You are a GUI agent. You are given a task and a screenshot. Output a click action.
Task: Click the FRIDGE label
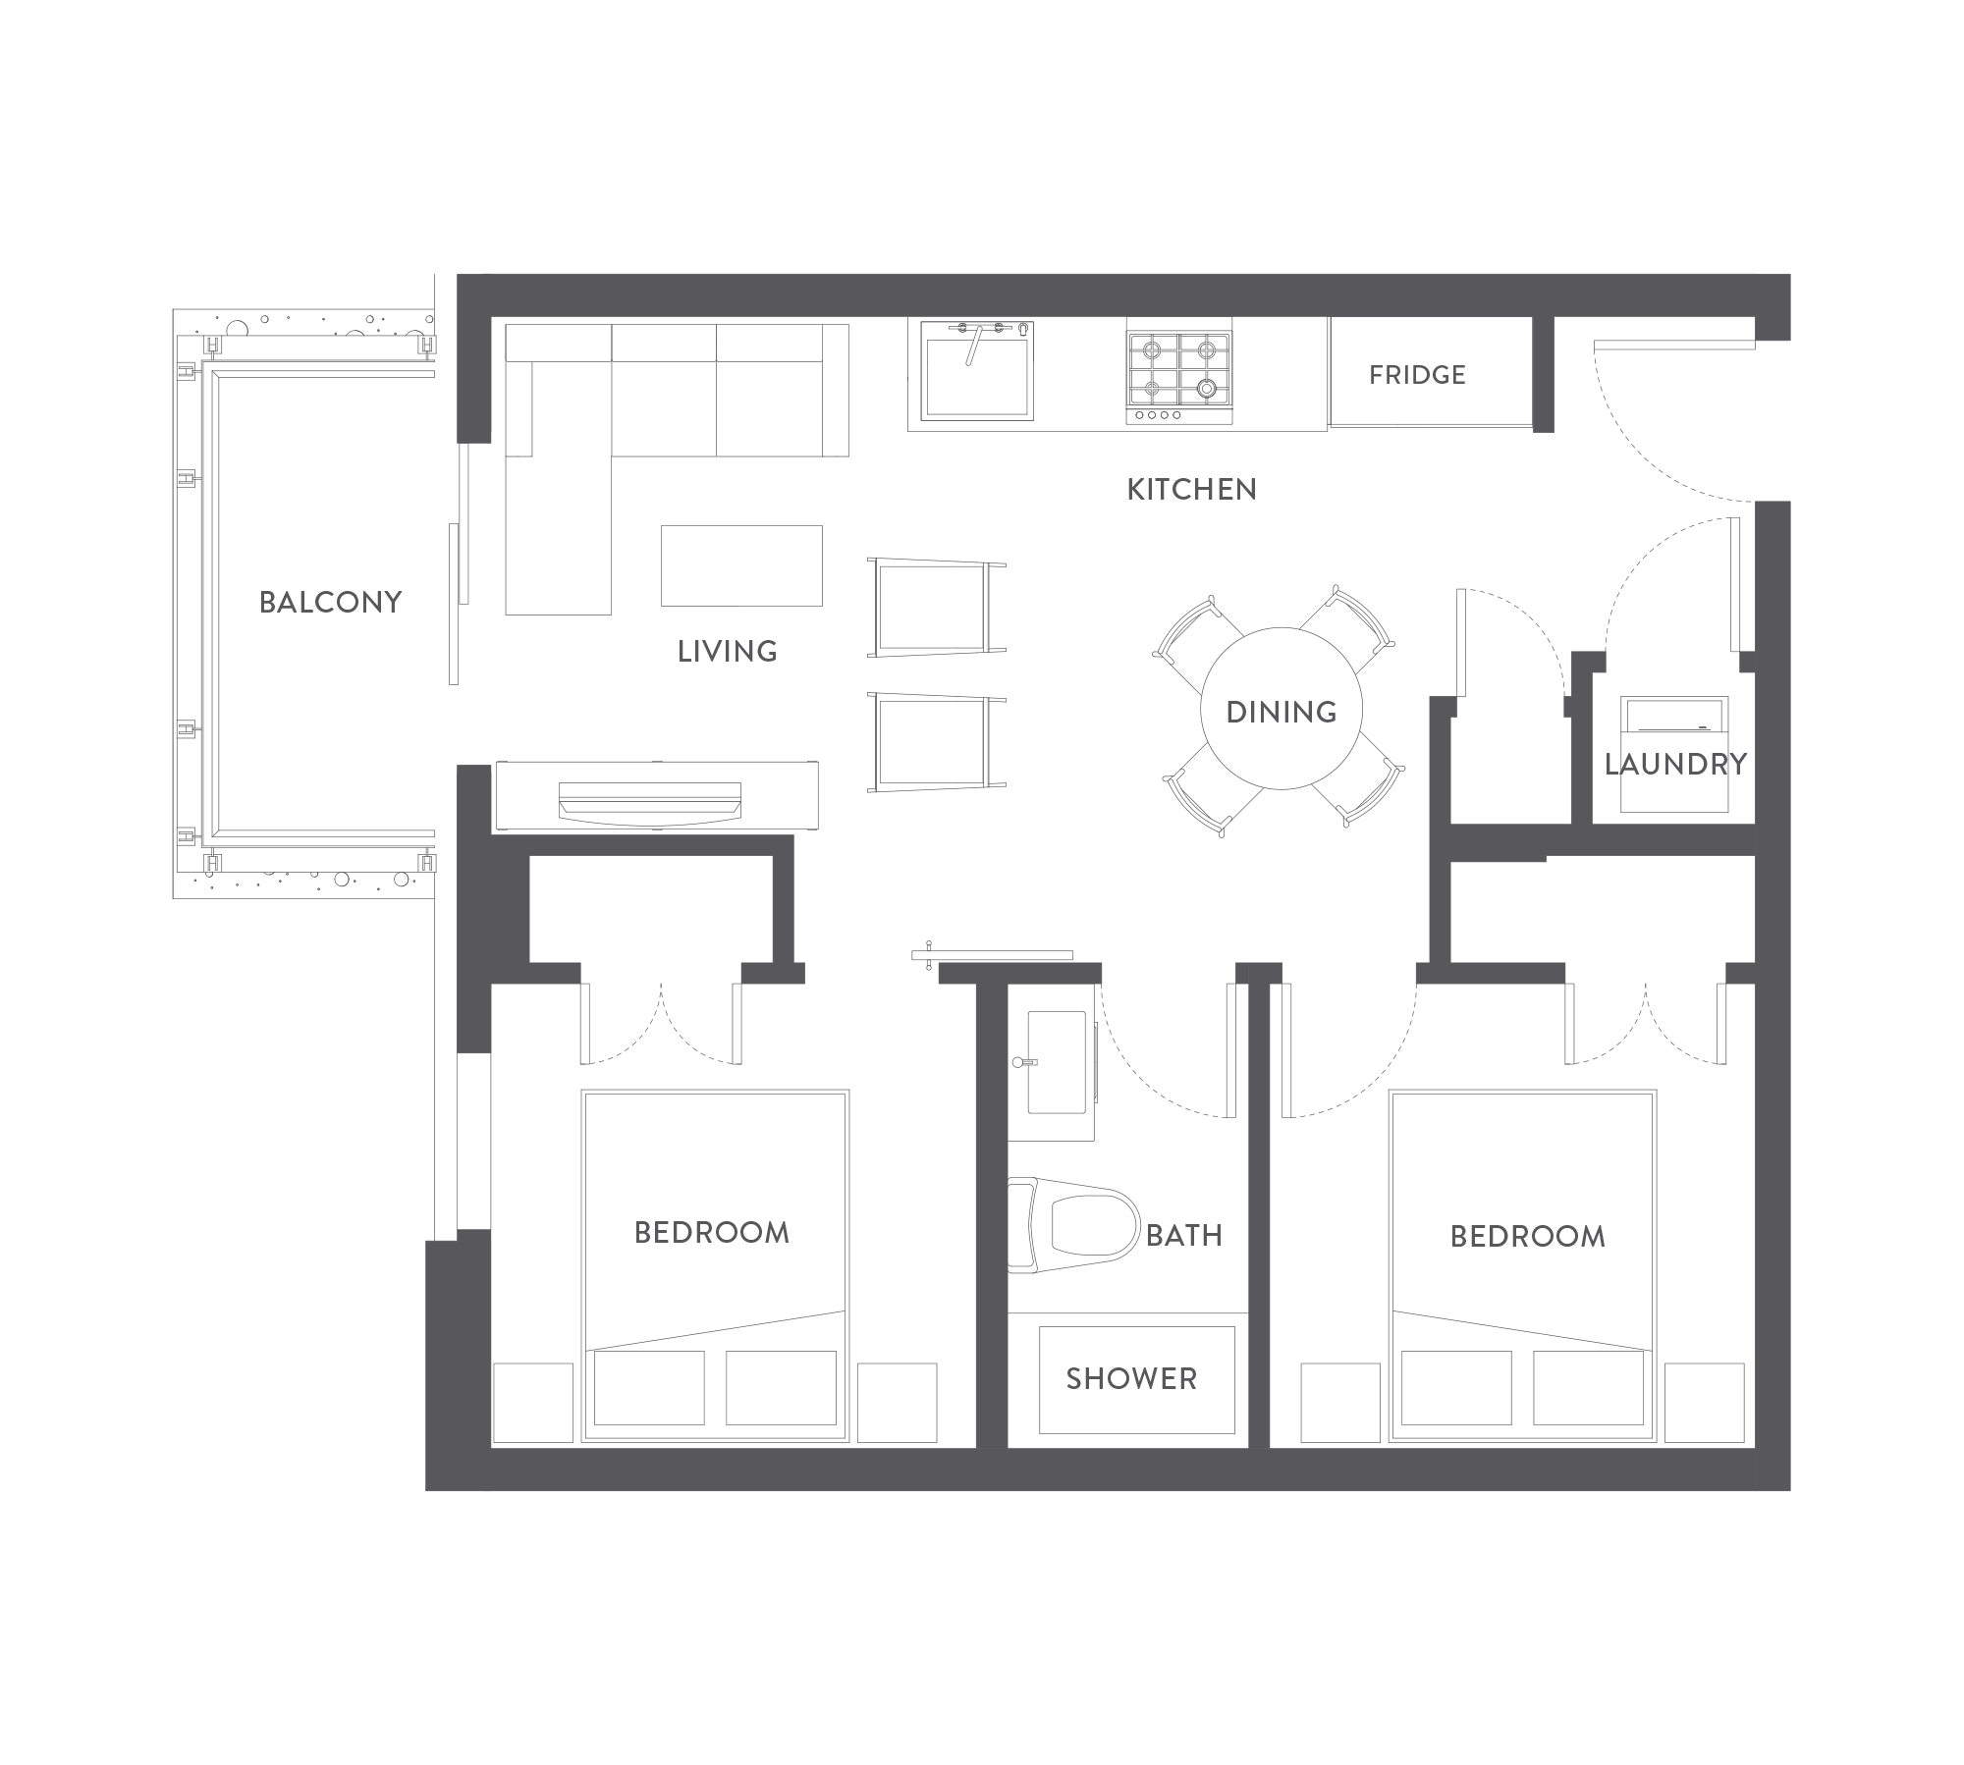1417,375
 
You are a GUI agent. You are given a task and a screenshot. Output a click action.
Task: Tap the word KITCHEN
1191,490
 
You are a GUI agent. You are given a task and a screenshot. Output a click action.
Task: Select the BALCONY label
331,603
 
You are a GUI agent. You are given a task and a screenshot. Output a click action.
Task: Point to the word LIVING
727,652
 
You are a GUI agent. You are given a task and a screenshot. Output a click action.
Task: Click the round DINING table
1282,709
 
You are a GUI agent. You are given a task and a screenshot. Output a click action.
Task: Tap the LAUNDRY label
1675,765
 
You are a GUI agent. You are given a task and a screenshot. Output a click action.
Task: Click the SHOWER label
1131,1379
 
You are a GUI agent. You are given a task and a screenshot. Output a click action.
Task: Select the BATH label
1184,1235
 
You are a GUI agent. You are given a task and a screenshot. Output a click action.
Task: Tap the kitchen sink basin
977,370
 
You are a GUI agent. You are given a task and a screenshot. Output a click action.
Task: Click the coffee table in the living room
741,565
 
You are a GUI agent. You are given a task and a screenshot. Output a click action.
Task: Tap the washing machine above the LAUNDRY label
1674,754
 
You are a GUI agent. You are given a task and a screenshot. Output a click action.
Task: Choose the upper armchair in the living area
936,608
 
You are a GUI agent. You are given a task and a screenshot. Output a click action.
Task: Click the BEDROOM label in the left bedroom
712,1233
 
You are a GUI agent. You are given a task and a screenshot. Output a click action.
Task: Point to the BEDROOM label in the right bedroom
1528,1237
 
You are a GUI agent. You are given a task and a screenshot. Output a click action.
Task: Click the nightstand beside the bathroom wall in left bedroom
897,1403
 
